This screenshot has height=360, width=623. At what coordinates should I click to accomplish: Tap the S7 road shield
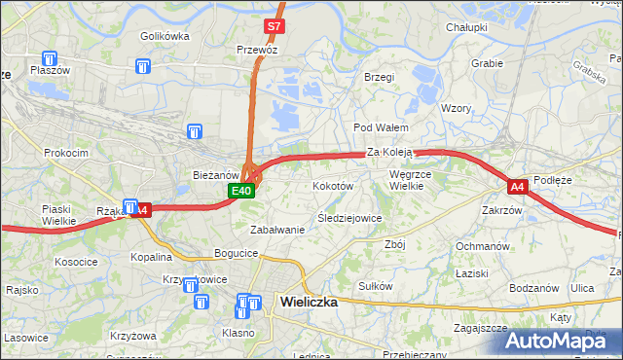(275, 27)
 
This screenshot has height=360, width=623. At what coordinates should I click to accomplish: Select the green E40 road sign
(242, 192)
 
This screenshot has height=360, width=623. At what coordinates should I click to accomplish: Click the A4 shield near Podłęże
(517, 185)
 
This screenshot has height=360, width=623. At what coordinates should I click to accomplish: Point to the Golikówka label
(164, 36)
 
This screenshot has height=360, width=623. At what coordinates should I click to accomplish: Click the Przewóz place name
(258, 49)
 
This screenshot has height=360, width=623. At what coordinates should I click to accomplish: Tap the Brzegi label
(378, 77)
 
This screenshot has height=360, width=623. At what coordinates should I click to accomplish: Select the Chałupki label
(466, 27)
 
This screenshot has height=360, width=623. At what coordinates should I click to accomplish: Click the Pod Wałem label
(380, 127)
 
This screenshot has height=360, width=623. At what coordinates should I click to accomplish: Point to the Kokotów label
(332, 184)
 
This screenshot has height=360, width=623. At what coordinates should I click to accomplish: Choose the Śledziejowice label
(349, 218)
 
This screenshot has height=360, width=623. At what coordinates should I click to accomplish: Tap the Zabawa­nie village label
(277, 230)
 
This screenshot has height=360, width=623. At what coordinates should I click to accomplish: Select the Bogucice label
(238, 253)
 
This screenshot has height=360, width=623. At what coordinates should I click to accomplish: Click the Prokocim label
(66, 153)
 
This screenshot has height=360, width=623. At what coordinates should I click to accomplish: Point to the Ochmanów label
(483, 246)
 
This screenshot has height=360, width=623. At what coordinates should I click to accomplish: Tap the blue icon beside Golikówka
(144, 66)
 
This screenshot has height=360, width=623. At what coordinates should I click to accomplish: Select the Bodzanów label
(533, 288)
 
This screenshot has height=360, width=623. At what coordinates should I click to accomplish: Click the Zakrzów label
(502, 209)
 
